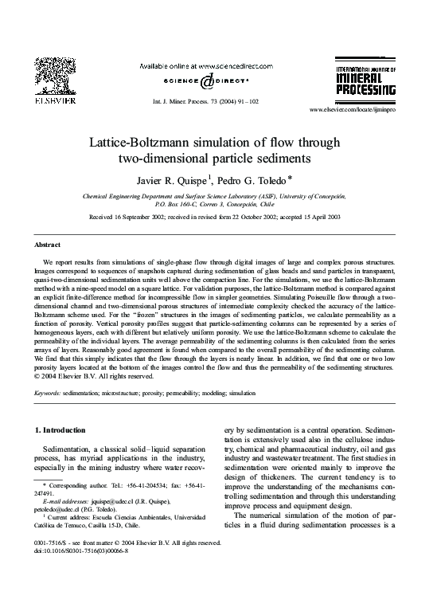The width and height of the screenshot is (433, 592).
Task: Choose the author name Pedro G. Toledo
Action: tap(252, 178)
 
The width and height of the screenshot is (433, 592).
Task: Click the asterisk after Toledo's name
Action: tap(291, 176)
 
